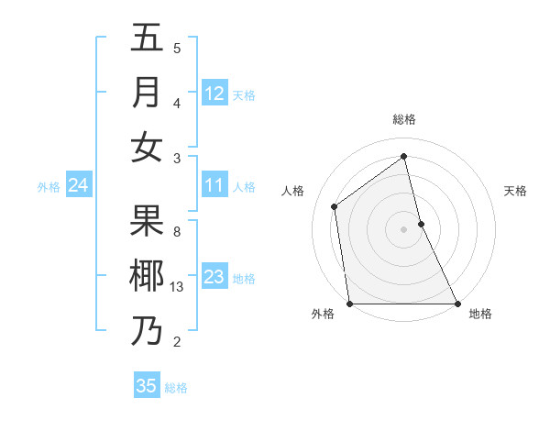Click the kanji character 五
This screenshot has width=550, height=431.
(147, 39)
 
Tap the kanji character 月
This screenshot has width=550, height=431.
(147, 93)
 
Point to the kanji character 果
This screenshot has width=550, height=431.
(147, 221)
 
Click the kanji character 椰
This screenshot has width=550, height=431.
(147, 276)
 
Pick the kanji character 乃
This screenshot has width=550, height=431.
(147, 331)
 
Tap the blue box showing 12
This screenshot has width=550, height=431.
(214, 94)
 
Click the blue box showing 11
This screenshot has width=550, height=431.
(214, 186)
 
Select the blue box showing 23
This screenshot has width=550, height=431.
(214, 278)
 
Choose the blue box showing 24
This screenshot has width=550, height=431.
(78, 186)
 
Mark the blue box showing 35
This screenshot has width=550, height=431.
(147, 386)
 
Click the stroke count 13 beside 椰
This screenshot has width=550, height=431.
(178, 287)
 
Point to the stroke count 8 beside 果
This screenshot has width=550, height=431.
(177, 232)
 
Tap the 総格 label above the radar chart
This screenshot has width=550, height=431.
(404, 119)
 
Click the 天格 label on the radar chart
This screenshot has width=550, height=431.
(515, 191)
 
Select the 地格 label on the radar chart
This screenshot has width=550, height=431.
(480, 315)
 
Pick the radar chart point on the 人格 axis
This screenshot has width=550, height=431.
(335, 206)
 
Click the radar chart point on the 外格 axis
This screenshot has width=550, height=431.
(350, 303)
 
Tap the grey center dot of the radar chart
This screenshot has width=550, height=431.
(403, 228)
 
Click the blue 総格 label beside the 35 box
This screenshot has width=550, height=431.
(176, 388)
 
